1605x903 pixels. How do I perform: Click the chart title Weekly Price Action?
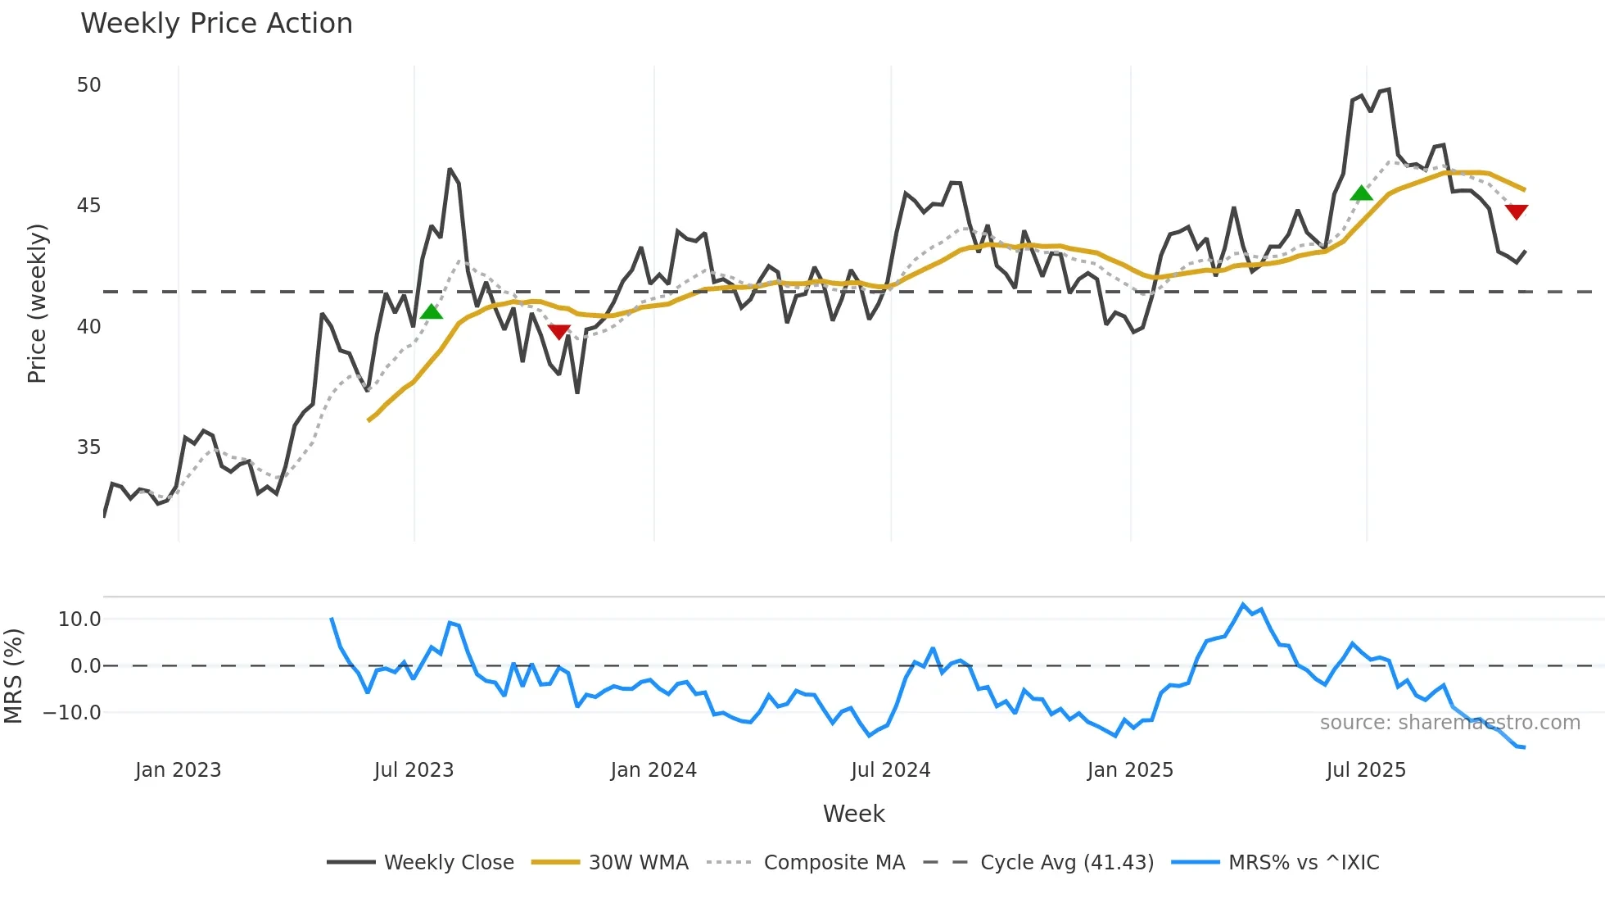216,24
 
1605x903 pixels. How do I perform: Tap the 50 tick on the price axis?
88,85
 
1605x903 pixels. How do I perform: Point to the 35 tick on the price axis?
88,447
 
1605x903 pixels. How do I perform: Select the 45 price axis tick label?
88,206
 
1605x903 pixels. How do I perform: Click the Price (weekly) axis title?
37,303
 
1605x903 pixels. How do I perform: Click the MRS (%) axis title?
13,676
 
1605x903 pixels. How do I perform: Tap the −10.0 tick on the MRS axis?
72,713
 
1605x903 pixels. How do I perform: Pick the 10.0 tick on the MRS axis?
79,619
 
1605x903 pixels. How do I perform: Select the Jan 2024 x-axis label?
653,770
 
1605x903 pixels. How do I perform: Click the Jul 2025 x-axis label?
1366,770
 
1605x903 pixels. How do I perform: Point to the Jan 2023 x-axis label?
178,770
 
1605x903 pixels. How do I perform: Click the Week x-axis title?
853,814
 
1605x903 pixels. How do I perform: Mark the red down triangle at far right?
1517,211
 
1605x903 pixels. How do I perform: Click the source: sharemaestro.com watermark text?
1449,723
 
